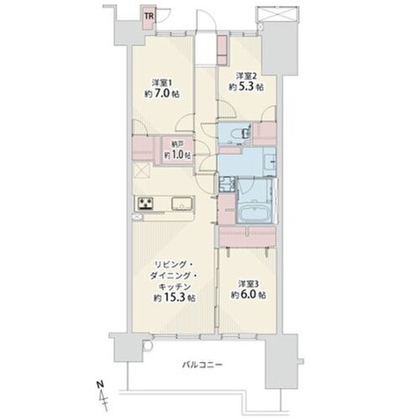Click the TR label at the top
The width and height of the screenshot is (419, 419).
149,16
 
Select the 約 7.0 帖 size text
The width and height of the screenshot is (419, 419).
162,94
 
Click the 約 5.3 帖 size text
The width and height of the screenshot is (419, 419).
246,87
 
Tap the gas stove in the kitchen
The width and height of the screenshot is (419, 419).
145,204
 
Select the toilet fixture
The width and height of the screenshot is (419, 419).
245,133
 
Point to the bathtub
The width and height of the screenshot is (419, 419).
255,215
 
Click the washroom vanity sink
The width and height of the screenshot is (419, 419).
270,163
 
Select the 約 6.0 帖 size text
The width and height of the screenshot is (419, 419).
248,295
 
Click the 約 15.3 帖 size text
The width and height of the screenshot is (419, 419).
174,298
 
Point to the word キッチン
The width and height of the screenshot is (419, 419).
174,287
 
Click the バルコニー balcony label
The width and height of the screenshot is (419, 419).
202,365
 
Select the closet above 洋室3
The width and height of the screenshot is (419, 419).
247,236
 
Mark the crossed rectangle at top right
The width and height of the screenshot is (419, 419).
276,13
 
